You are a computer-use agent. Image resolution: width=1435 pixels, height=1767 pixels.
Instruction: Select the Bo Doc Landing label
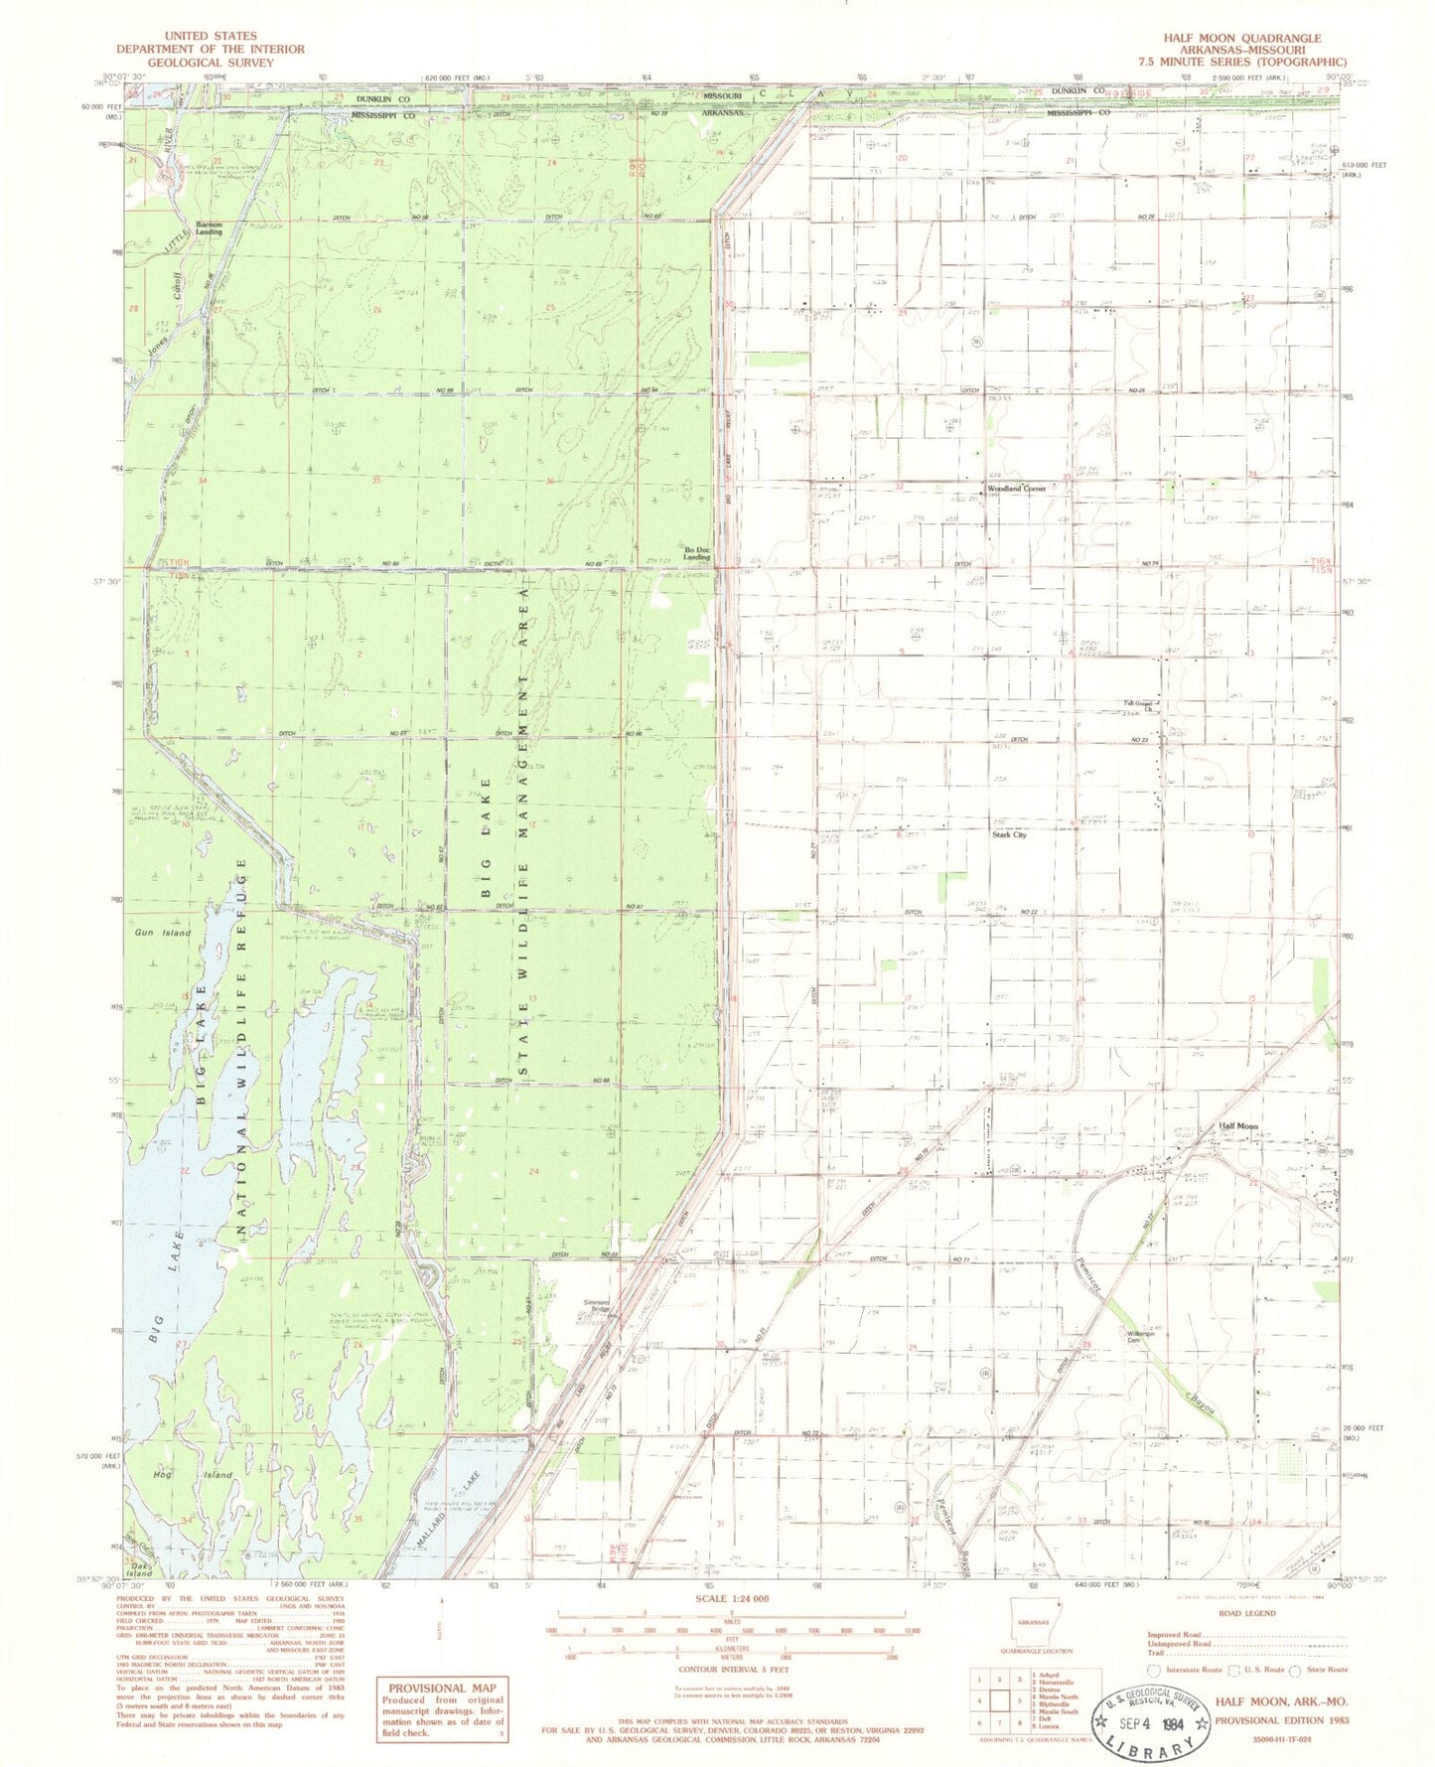coord(697,553)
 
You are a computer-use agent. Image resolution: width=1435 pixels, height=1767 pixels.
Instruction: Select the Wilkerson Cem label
coord(1142,1336)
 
